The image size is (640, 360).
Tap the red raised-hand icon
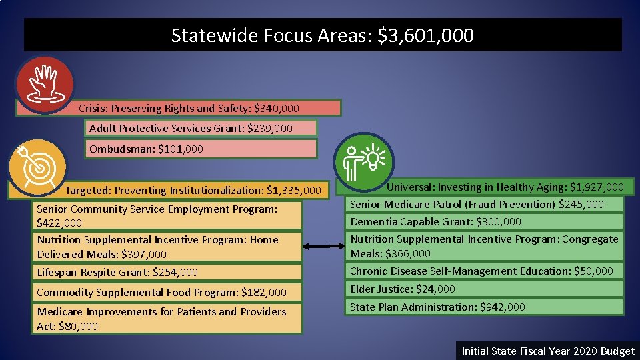(45, 84)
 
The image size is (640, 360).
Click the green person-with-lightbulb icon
(365, 160)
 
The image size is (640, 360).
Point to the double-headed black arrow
(325, 247)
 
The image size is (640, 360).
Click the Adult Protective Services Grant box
(201, 128)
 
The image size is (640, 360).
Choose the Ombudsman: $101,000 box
(201, 149)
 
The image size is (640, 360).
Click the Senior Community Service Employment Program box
(169, 216)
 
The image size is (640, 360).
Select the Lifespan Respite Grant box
(169, 272)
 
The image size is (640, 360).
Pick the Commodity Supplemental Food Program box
(169, 292)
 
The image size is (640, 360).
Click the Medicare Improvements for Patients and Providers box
(169, 319)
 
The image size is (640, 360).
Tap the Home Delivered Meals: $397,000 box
(169, 247)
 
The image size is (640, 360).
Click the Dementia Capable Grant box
(485, 221)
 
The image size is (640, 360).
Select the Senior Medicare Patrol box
(485, 204)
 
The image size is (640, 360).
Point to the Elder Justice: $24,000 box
(485, 289)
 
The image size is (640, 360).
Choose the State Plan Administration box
(485, 307)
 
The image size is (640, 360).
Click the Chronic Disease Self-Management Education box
(485, 271)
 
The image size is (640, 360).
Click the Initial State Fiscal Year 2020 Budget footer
(548, 351)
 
